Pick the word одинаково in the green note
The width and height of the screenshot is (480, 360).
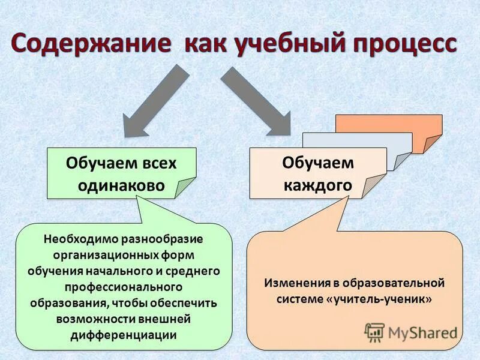click(x=121, y=185)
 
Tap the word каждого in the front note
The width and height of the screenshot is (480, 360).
click(x=317, y=185)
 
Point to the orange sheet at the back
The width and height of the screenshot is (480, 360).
click(x=390, y=124)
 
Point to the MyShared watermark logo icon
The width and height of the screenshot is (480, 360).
click(x=374, y=331)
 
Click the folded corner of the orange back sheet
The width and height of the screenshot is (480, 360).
click(x=432, y=144)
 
